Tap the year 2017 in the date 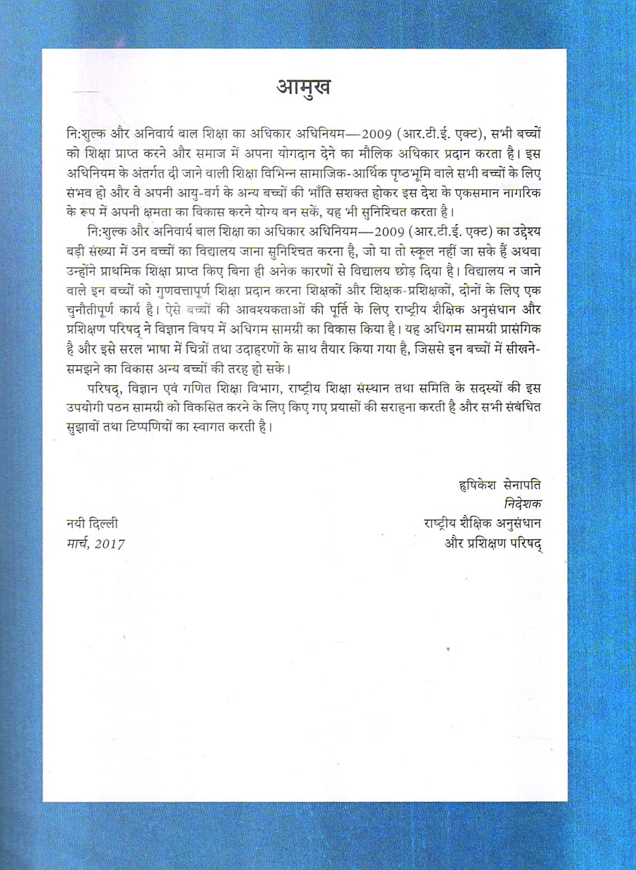[110, 544]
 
